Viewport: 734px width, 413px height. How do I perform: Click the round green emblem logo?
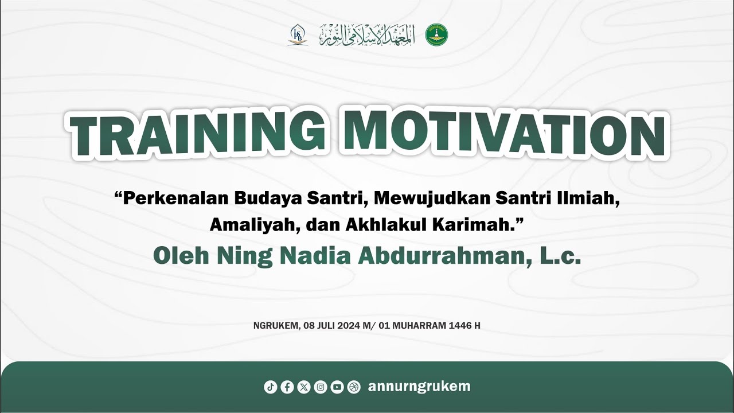(x=436, y=34)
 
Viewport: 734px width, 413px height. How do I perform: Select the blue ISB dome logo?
(x=298, y=35)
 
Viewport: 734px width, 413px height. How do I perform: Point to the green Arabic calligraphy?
(x=366, y=34)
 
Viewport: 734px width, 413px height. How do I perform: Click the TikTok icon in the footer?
(x=271, y=387)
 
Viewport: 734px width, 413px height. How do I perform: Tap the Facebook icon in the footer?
(x=287, y=387)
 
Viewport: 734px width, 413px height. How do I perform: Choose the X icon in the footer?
(x=304, y=387)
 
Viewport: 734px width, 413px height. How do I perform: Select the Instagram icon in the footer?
(x=321, y=387)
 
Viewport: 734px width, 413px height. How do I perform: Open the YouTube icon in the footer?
(x=337, y=387)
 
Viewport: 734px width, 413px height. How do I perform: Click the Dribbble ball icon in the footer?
(x=354, y=387)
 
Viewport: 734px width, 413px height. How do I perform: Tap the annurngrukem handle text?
(x=419, y=387)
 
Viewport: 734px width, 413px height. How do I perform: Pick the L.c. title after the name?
(x=561, y=256)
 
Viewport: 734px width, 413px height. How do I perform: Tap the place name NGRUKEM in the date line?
(x=276, y=326)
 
